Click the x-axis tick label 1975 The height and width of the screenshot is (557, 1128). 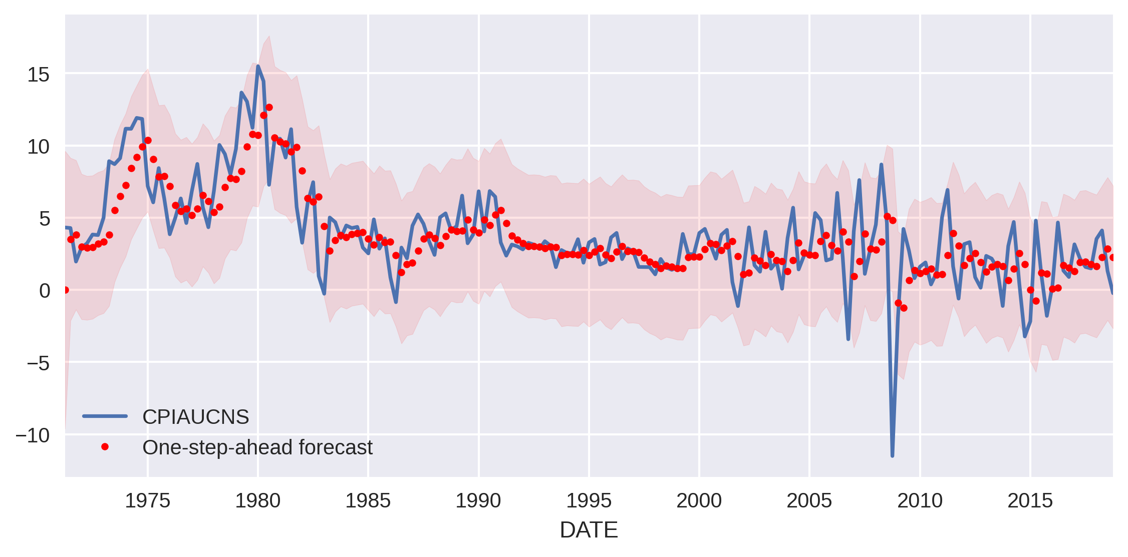147,501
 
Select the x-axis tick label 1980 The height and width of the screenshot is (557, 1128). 257,501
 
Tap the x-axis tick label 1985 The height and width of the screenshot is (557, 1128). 368,501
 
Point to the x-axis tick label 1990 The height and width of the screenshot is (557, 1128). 478,501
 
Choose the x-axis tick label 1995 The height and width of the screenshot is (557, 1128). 589,501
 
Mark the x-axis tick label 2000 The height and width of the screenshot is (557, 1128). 699,501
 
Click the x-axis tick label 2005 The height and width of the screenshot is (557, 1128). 809,501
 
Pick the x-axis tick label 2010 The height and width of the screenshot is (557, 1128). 920,501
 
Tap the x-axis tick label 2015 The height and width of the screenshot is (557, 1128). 1030,501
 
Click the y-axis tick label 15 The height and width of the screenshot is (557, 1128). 39,75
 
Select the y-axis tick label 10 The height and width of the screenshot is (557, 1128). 39,147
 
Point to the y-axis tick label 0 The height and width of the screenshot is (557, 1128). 45,291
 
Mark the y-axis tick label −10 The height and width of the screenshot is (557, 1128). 33,435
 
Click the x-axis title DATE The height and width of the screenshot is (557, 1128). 589,530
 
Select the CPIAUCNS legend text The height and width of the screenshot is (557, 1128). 195,417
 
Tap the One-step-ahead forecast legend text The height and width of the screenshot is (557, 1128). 257,447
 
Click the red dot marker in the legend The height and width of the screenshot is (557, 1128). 105,447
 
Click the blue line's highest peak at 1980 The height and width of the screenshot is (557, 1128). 258,66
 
